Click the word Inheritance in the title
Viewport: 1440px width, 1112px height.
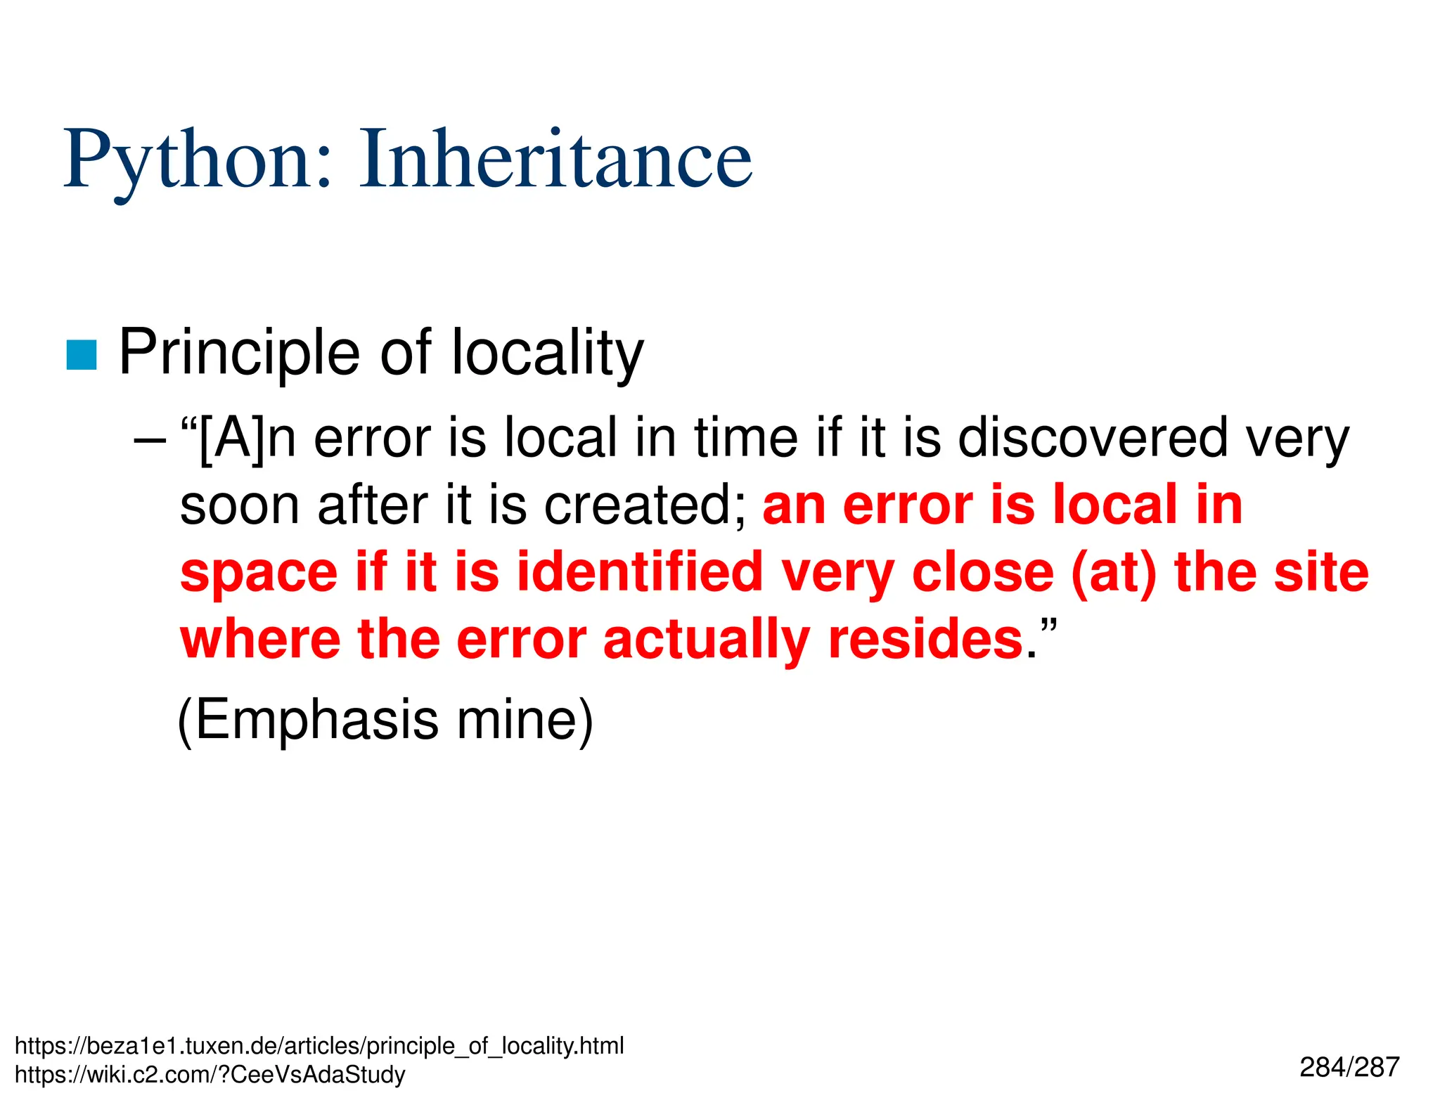[x=555, y=160]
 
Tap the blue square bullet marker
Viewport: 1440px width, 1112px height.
[x=81, y=354]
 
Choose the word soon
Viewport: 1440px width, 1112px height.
[x=240, y=505]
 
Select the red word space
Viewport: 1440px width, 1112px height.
[x=258, y=574]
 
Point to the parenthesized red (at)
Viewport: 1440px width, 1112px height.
[x=1114, y=572]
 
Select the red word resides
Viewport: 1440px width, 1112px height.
[x=925, y=639]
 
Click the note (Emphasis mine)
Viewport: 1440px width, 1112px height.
[x=385, y=720]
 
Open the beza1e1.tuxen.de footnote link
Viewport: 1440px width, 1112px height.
[x=319, y=1046]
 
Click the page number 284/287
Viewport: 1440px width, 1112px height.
[x=1349, y=1067]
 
